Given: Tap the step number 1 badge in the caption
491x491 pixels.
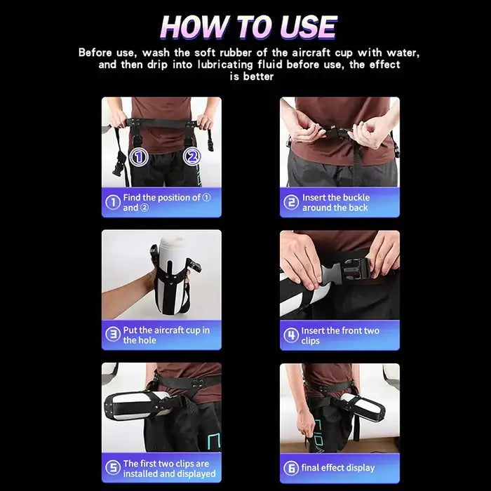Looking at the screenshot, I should [113, 203].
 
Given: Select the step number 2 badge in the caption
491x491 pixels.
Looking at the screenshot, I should [291, 203].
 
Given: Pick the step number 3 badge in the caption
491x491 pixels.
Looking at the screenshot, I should [113, 335].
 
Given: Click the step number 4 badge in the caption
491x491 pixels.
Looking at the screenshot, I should [291, 335].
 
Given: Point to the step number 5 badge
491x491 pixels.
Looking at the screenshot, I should [113, 468].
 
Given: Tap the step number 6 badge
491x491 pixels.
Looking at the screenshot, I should [291, 468].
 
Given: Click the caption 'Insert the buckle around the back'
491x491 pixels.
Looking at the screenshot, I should [336, 203].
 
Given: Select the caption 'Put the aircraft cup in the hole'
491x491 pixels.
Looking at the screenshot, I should [166, 335].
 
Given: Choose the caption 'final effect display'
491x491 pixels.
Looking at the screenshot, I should [338, 468].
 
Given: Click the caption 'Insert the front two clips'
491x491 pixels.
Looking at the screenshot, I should [340, 335].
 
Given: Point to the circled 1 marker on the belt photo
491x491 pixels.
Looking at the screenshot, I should [139, 156].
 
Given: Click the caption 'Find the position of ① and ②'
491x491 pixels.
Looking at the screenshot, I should [166, 203].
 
